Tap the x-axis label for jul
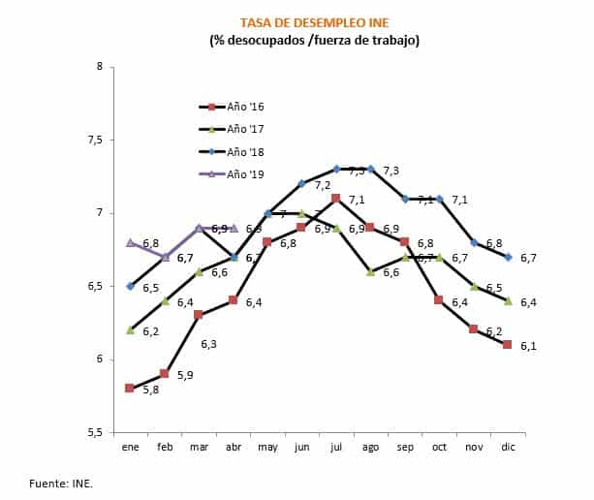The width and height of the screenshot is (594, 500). click(x=335, y=447)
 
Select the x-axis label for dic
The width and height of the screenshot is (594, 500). click(x=507, y=447)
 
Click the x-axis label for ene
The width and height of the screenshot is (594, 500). click(x=130, y=447)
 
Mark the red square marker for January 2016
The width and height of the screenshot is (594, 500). click(x=130, y=388)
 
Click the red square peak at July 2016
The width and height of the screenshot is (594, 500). click(x=335, y=199)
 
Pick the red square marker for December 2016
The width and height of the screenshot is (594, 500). click(x=507, y=344)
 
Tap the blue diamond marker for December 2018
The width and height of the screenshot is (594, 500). click(x=507, y=257)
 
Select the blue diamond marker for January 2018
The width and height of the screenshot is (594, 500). click(x=130, y=286)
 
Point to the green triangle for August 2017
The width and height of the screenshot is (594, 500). click(x=370, y=272)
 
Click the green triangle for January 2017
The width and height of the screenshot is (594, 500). click(x=130, y=330)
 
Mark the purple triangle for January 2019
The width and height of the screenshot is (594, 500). click(x=130, y=242)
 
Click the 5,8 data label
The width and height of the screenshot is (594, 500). click(x=150, y=391)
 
